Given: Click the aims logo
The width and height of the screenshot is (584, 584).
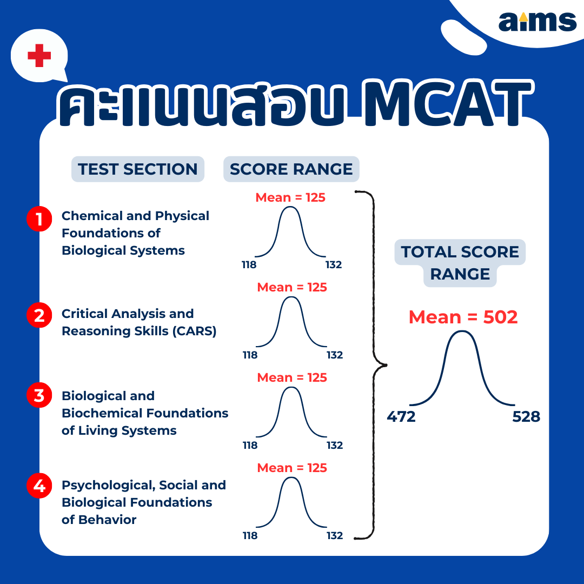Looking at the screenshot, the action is [x=537, y=22].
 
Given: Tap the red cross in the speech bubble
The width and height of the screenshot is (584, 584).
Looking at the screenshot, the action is [x=39, y=56].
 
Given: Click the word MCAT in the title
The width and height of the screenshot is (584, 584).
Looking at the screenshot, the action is [x=448, y=103].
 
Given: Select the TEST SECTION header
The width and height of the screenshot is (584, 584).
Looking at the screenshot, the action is [x=138, y=169].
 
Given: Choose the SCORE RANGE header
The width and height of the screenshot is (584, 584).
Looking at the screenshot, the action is [x=291, y=169].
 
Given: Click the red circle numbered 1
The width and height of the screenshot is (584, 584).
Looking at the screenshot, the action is [x=39, y=218].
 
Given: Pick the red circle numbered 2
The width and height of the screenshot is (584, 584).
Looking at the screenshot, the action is [x=39, y=315].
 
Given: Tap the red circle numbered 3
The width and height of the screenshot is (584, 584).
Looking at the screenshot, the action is [x=39, y=395].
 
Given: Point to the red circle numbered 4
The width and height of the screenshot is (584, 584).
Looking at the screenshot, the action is [x=39, y=486].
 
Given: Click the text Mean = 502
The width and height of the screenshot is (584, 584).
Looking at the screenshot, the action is [x=463, y=317].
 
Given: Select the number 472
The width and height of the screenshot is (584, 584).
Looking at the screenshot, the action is [x=401, y=416].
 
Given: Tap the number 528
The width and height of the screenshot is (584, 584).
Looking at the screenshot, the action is [x=526, y=416].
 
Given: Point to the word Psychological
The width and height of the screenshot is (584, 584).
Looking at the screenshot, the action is [x=108, y=485].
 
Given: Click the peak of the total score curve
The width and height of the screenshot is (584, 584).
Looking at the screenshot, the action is [x=462, y=331].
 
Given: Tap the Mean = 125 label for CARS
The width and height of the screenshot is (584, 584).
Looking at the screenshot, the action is [x=292, y=287].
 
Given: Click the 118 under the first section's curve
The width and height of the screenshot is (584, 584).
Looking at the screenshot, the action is [x=249, y=265].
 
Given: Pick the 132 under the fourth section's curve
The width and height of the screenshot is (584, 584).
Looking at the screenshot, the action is [x=335, y=535].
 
